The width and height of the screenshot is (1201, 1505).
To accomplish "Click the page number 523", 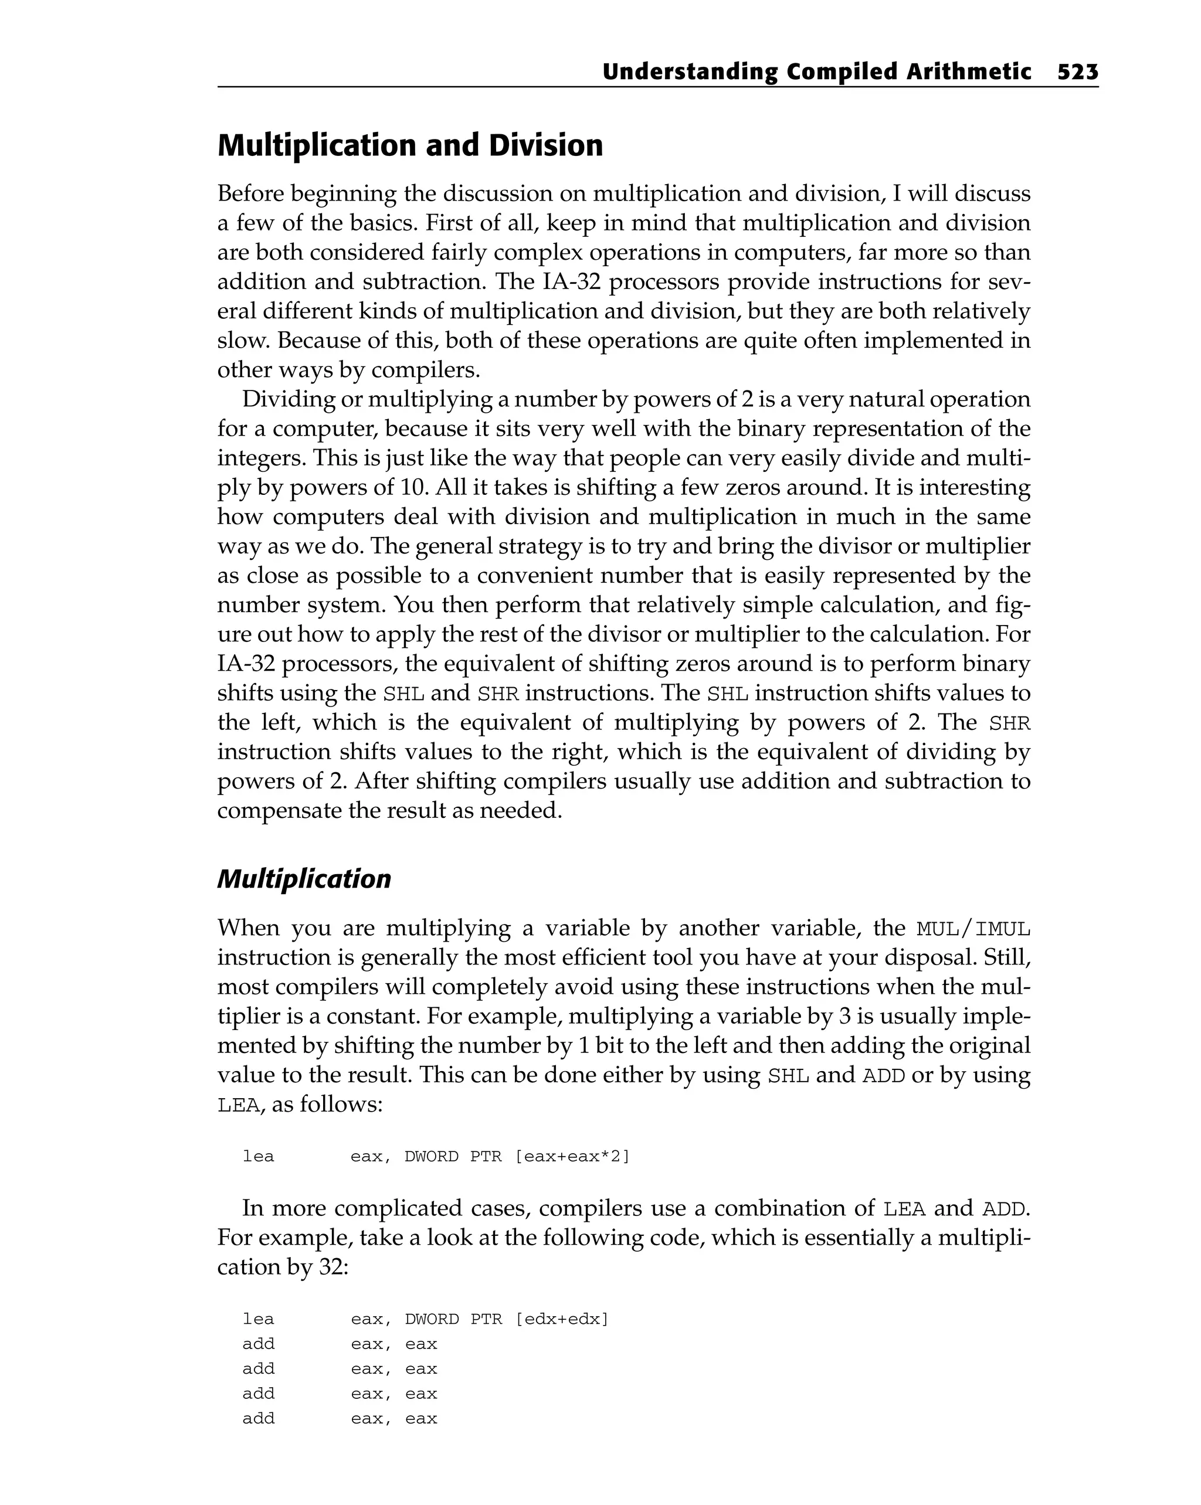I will click(x=1077, y=72).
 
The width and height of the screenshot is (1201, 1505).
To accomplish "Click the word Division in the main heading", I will click(x=545, y=145).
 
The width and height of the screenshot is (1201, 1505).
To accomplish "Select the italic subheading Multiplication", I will click(x=304, y=878).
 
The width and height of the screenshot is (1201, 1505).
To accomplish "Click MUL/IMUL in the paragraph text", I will click(x=973, y=929).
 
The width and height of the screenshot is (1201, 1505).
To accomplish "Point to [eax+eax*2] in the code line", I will click(x=572, y=1157).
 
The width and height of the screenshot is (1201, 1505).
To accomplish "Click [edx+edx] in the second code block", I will click(x=561, y=1319).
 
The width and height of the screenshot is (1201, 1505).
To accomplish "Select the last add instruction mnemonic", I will click(x=259, y=1418).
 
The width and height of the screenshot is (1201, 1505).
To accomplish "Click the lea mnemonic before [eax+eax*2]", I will click(x=259, y=1157).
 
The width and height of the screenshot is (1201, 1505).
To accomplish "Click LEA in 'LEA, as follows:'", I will click(x=238, y=1106).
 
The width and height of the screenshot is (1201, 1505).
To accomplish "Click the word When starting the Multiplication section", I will click(x=248, y=929).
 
